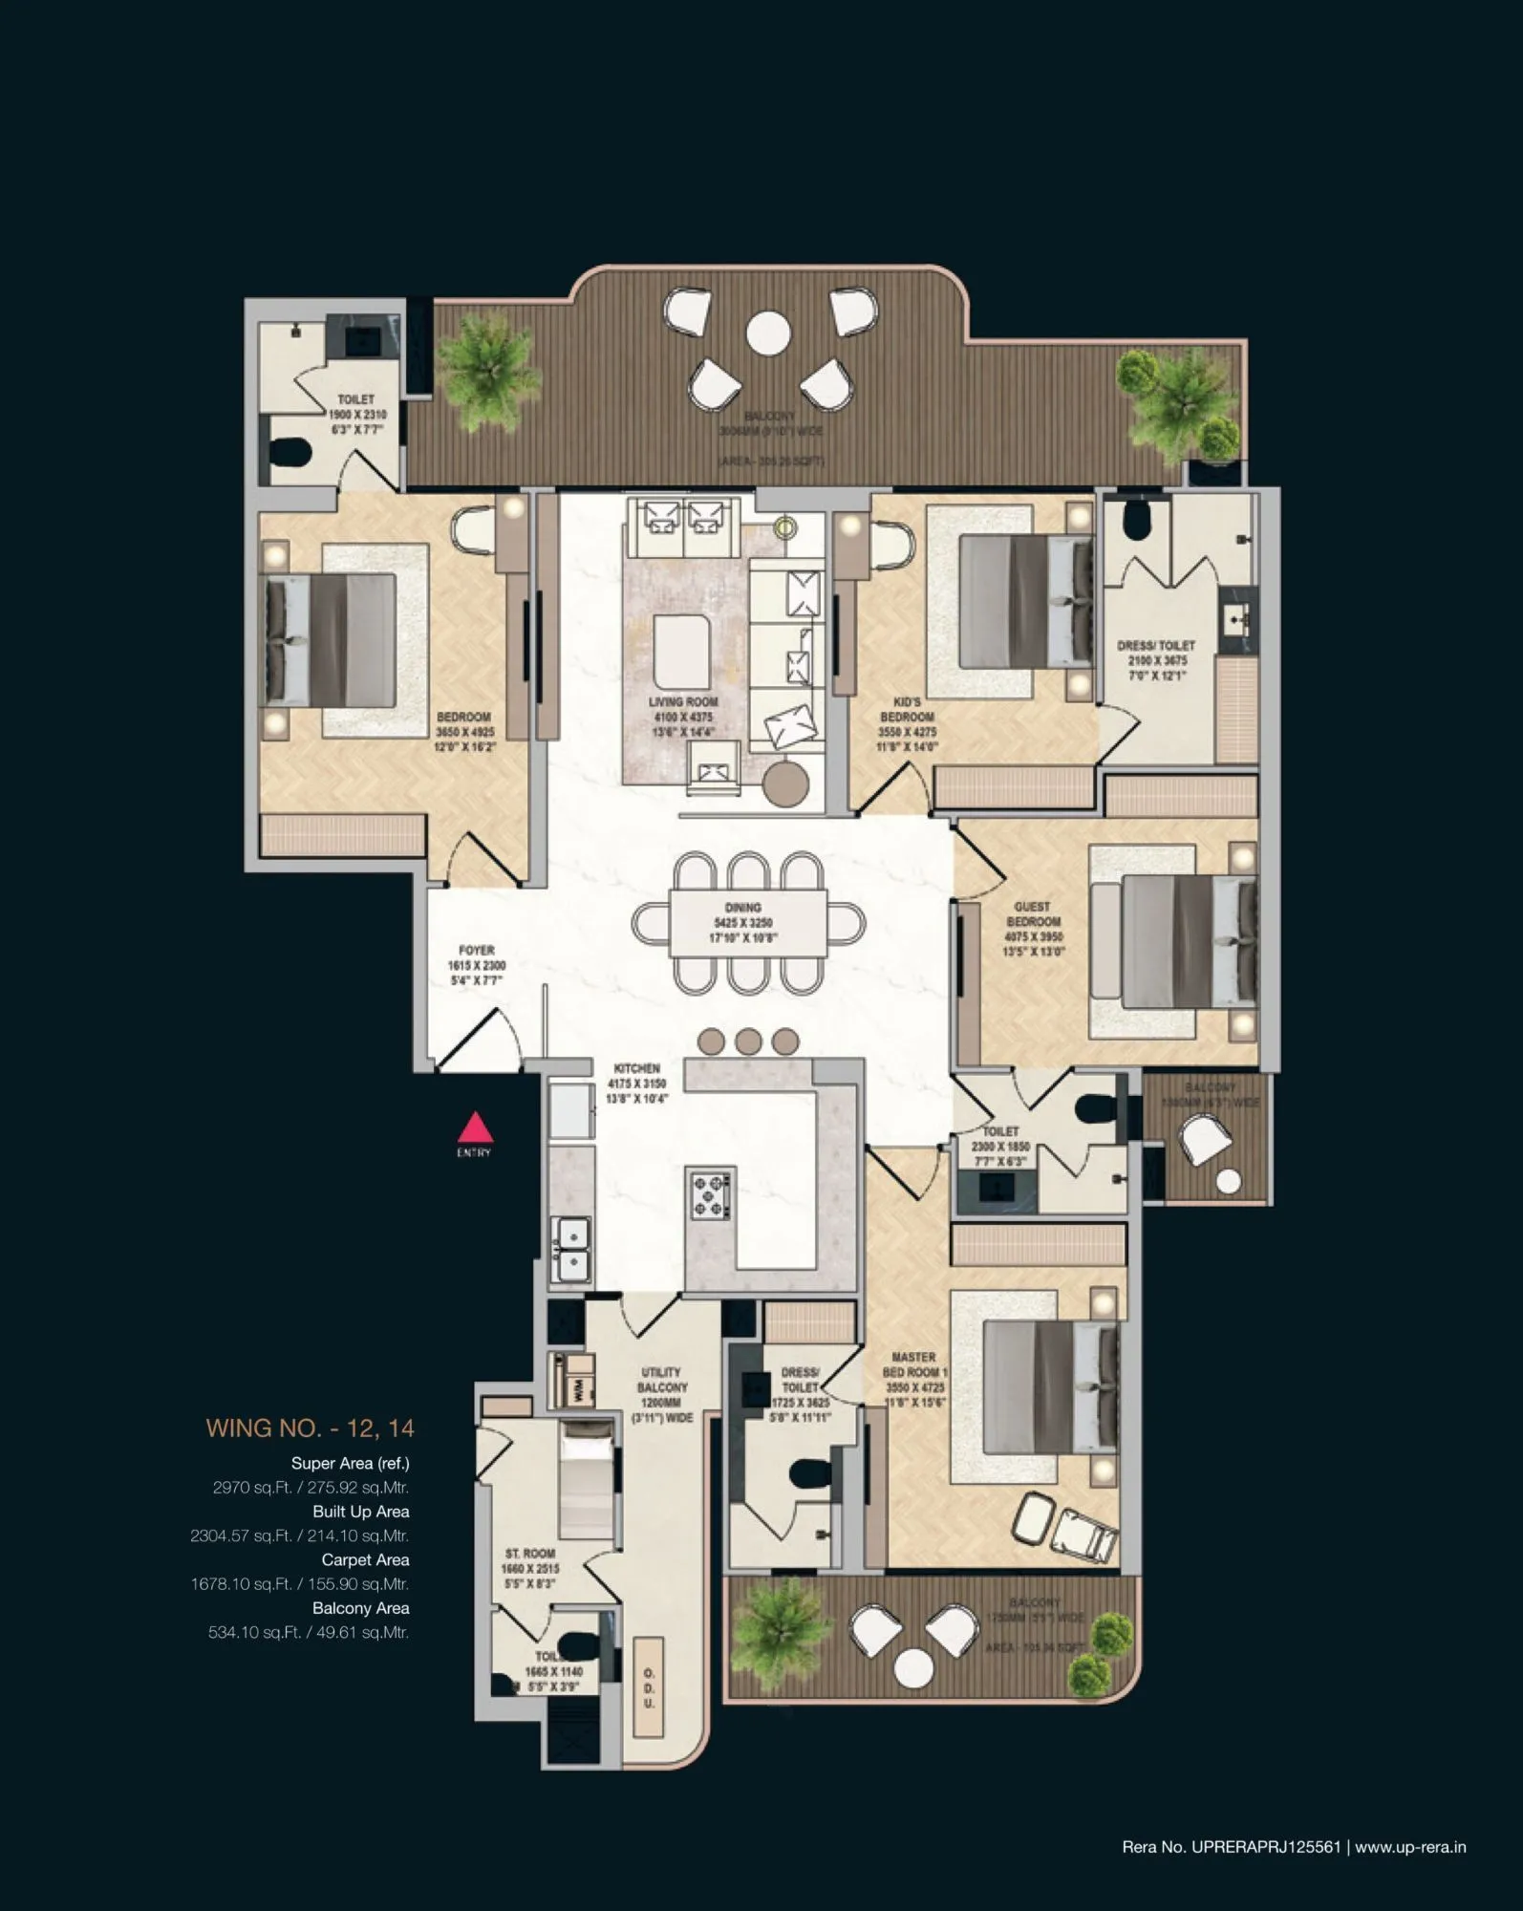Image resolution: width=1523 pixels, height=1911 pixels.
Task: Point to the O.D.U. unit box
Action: point(649,1687)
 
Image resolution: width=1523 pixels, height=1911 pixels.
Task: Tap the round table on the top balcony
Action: point(768,333)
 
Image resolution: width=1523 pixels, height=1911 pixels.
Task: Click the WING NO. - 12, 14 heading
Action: point(310,1428)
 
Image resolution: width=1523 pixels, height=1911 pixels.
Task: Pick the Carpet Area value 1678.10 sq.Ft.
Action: point(299,1584)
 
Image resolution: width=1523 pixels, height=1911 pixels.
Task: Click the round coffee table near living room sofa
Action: point(785,782)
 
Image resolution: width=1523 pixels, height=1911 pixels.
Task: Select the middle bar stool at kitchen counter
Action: point(748,1041)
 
